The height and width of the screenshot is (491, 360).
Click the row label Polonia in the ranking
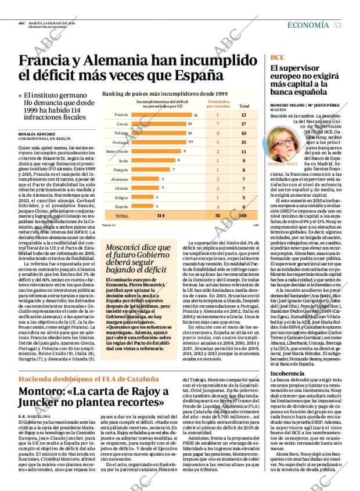(x=122, y=133)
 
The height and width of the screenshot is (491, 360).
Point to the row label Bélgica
(x=121, y=197)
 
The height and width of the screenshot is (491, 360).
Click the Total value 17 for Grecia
(x=244, y=124)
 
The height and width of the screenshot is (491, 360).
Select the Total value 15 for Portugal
(x=244, y=142)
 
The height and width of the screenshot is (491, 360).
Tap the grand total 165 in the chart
(x=244, y=215)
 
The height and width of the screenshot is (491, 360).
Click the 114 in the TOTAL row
(x=161, y=215)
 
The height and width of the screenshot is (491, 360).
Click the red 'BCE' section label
(x=277, y=57)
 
